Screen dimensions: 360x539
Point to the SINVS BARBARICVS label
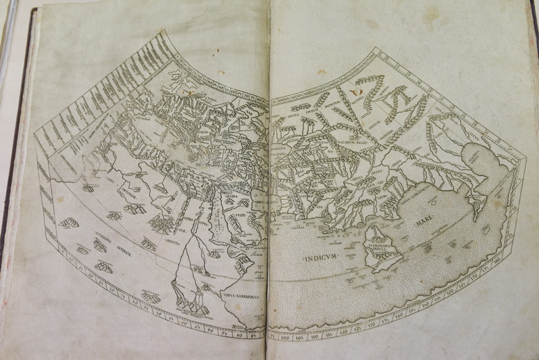[240, 295]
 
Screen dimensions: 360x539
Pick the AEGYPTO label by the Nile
[171, 228]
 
